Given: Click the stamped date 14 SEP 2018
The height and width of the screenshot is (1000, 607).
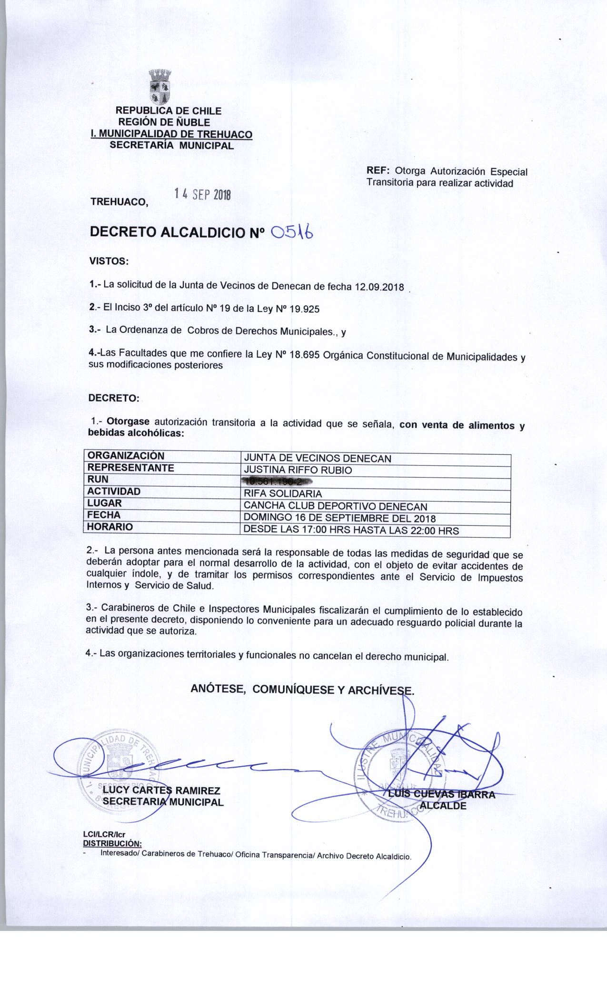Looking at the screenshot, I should (202, 194).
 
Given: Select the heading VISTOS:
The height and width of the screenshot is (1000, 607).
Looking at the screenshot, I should (109, 261).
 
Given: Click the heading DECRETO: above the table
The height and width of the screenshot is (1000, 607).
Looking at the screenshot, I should (114, 398).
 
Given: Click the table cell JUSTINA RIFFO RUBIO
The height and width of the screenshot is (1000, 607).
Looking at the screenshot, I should (298, 470).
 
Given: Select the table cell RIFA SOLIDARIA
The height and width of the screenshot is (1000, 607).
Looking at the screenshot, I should (283, 494).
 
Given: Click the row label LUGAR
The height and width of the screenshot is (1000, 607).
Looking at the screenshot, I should (104, 503).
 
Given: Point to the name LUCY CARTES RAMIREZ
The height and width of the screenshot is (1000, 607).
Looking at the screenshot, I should (161, 791).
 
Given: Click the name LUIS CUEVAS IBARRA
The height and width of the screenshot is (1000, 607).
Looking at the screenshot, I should (441, 794).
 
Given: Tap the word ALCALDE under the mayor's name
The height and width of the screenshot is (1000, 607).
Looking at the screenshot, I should (443, 806).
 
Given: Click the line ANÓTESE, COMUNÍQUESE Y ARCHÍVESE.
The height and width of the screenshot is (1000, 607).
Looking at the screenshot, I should (302, 689).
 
